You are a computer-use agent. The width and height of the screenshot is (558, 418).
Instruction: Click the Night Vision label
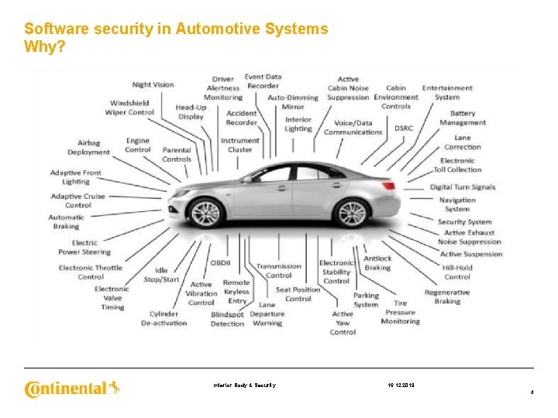[x=153, y=85]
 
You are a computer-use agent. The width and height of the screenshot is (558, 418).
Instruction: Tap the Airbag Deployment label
[x=88, y=148]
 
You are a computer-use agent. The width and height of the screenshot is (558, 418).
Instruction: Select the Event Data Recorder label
[x=263, y=81]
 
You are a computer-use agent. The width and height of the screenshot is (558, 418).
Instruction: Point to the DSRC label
[x=404, y=128]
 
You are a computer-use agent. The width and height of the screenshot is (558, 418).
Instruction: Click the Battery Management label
[x=463, y=118]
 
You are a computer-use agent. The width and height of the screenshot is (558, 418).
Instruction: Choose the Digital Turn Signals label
[x=463, y=187]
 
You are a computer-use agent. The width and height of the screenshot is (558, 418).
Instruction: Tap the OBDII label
[x=222, y=263]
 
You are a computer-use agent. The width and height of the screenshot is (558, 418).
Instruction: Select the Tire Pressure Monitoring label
[x=400, y=312]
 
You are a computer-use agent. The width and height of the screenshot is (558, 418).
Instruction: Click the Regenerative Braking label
[x=447, y=297]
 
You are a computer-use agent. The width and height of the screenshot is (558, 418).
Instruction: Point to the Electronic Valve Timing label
[x=112, y=298]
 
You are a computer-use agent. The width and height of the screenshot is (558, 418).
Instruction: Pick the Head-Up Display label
[x=191, y=112]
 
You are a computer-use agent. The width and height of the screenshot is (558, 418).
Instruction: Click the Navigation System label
[x=457, y=204]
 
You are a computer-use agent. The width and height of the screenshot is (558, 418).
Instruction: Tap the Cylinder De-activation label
[x=164, y=319]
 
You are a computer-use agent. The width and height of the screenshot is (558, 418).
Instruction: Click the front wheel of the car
[x=205, y=213]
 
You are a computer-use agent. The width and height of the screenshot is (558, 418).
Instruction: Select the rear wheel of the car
[x=352, y=213]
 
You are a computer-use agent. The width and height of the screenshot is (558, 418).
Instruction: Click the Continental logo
[x=72, y=387]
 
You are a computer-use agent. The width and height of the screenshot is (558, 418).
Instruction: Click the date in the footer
[x=401, y=385]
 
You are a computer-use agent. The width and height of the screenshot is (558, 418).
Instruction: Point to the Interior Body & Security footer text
[x=245, y=385]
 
